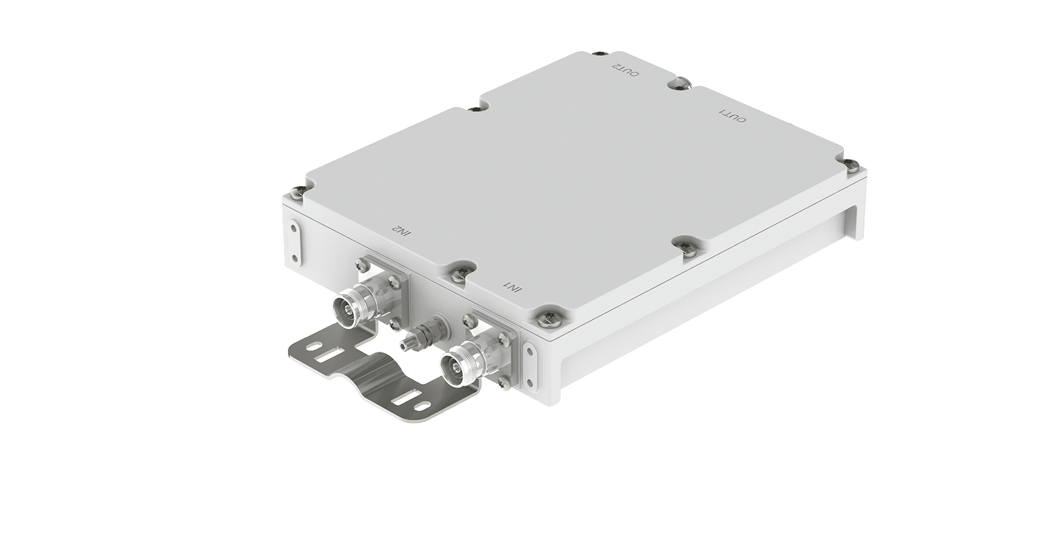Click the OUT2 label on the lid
click(x=625, y=70)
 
